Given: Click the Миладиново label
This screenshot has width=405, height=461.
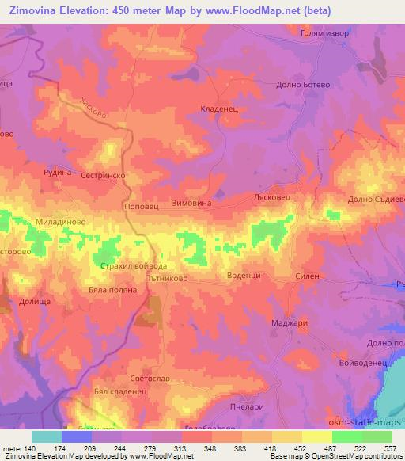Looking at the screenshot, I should pos(59,223).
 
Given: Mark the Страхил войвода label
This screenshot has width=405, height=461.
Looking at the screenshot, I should pos(134,266).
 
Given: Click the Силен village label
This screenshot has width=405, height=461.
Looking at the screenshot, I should pos(309,275).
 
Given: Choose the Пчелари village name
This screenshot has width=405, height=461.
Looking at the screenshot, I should pos(267,406).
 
